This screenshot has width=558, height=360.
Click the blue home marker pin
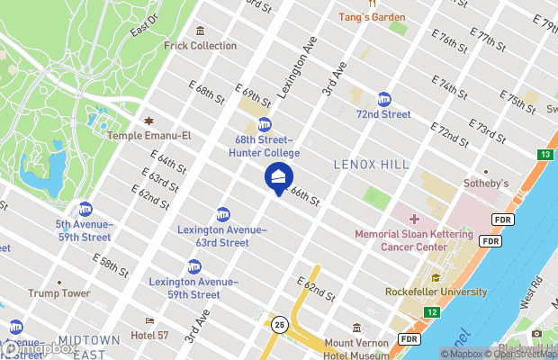[279, 177]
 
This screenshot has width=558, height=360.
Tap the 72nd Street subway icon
[384, 99]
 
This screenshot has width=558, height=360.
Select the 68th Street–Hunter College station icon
[265, 124]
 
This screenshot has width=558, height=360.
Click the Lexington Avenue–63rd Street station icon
[222, 214]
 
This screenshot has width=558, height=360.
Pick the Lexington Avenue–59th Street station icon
[194, 266]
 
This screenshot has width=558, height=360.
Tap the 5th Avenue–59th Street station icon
[85, 209]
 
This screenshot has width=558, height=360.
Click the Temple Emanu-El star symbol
[149, 121]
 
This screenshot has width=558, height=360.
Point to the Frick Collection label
[200, 45]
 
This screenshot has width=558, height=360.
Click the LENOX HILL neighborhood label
[371, 164]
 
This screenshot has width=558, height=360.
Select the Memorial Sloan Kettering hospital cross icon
[415, 220]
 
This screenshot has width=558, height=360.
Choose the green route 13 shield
[545, 155]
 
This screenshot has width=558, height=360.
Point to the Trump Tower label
[59, 293]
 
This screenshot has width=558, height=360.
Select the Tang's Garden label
[369, 17]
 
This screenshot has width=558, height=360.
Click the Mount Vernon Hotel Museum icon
[357, 328]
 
